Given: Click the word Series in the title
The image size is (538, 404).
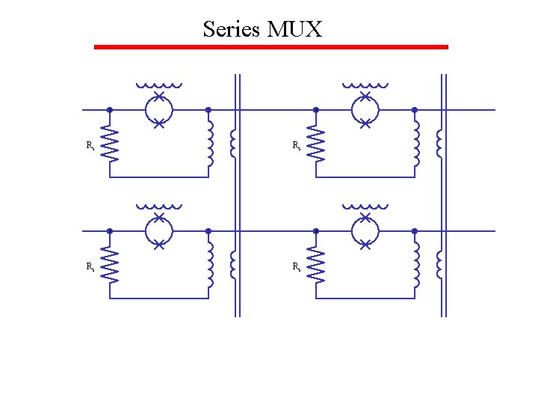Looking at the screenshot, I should click(231, 30).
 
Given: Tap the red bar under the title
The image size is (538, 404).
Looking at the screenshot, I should click(270, 47).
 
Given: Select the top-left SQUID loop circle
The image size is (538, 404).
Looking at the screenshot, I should click(158, 110).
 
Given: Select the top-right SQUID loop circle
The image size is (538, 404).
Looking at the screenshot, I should click(365, 110).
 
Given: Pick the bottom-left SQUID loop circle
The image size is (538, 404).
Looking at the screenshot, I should click(158, 231).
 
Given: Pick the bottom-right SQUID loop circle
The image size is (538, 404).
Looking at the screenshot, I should click(365, 231).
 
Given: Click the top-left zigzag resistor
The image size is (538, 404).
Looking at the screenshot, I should click(111, 144).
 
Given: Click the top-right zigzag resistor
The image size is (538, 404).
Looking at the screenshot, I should click(317, 144).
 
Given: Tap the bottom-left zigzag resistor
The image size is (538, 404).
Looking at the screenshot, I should click(111, 265).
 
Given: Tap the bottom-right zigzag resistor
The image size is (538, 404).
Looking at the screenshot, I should click(317, 265).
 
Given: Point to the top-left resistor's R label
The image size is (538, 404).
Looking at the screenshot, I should click(90, 145).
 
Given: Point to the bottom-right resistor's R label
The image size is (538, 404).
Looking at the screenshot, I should click(296, 266).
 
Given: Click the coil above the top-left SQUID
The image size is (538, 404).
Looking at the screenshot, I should click(158, 85).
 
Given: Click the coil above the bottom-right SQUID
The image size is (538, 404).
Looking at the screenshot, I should click(365, 206).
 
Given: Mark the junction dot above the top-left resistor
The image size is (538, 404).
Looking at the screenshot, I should click(110, 110).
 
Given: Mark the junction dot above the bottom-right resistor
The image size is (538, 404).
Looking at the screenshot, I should click(316, 231).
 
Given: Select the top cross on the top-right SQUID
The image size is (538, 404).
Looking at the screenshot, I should click(365, 96).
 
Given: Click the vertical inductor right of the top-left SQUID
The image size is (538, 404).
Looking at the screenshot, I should click(210, 144).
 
